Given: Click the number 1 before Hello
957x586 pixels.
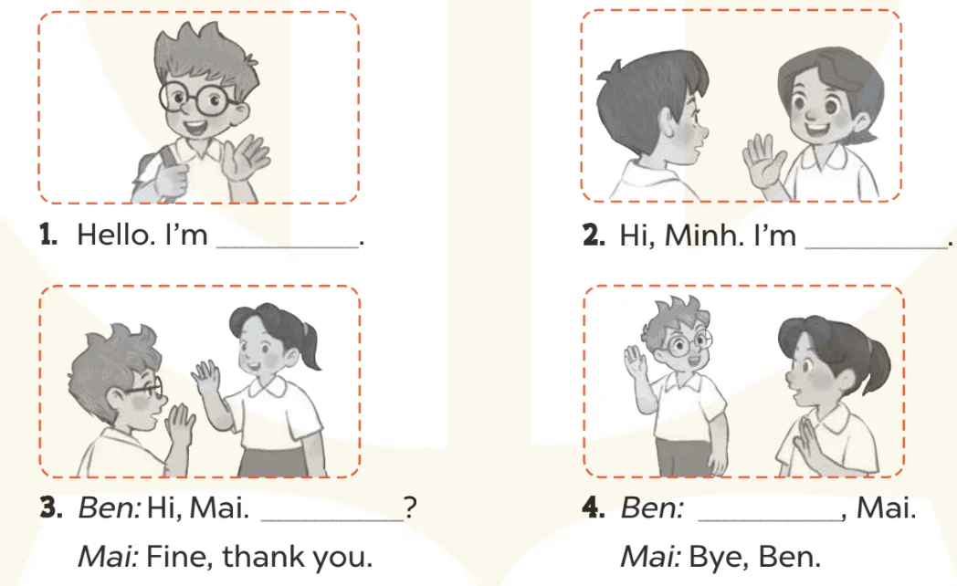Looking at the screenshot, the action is coord(47,235).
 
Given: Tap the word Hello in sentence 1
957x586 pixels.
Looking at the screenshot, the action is coord(116,235).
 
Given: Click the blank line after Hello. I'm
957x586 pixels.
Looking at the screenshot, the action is coord(288,246).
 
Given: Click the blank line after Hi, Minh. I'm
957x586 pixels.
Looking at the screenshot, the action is coord(877,246).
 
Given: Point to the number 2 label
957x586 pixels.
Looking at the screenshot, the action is coord(594,235).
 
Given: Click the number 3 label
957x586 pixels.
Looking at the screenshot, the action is coord(50,508).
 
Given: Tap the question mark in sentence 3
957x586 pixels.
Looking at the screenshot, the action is coord(410,508).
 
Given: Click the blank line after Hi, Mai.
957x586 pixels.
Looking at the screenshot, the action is coord(331,519).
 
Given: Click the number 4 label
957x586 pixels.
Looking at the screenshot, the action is coord(594,508).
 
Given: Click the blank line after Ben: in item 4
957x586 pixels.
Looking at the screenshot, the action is coord(769,519).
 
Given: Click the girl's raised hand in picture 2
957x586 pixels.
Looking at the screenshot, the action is coord(763,161).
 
